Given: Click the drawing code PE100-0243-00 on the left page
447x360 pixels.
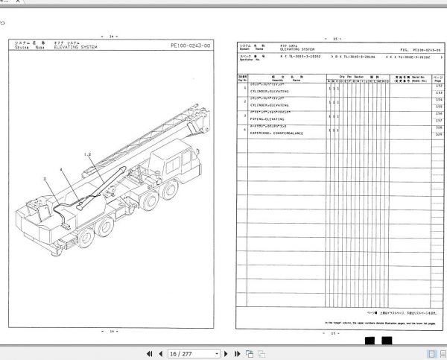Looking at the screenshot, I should [x=191, y=45].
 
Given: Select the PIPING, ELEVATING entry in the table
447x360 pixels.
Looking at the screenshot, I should [x=273, y=119].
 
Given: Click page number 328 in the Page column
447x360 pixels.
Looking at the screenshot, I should [x=429, y=127].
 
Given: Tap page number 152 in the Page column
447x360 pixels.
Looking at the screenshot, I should [x=429, y=86].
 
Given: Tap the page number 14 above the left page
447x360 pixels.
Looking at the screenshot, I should [x=112, y=37].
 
